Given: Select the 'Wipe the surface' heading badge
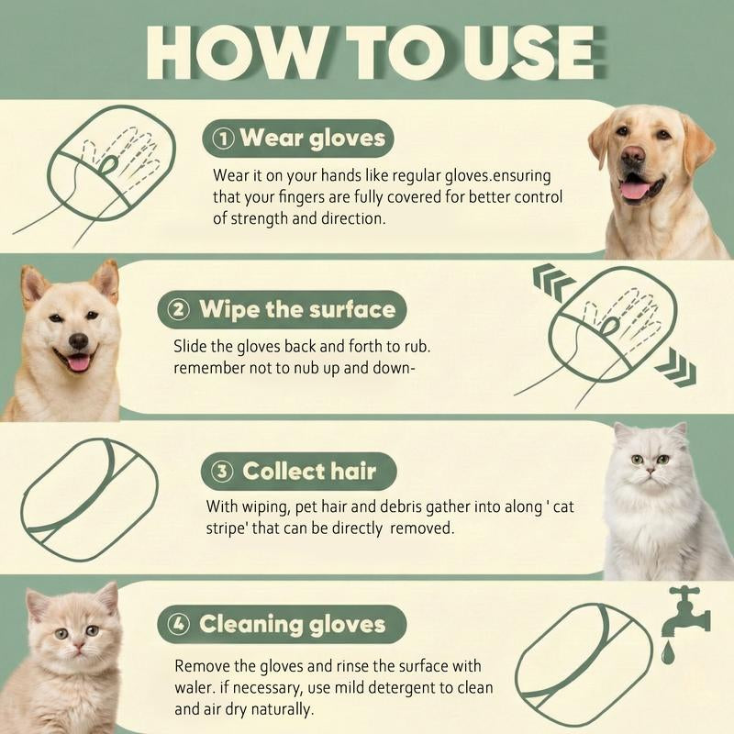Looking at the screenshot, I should (x=279, y=309).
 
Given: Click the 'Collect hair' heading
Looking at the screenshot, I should (x=297, y=472).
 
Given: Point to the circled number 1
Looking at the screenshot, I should (x=222, y=139).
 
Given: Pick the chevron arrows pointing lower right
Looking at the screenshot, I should (x=674, y=368).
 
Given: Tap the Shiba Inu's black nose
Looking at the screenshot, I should (x=78, y=340).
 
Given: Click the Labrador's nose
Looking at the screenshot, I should (x=634, y=156).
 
